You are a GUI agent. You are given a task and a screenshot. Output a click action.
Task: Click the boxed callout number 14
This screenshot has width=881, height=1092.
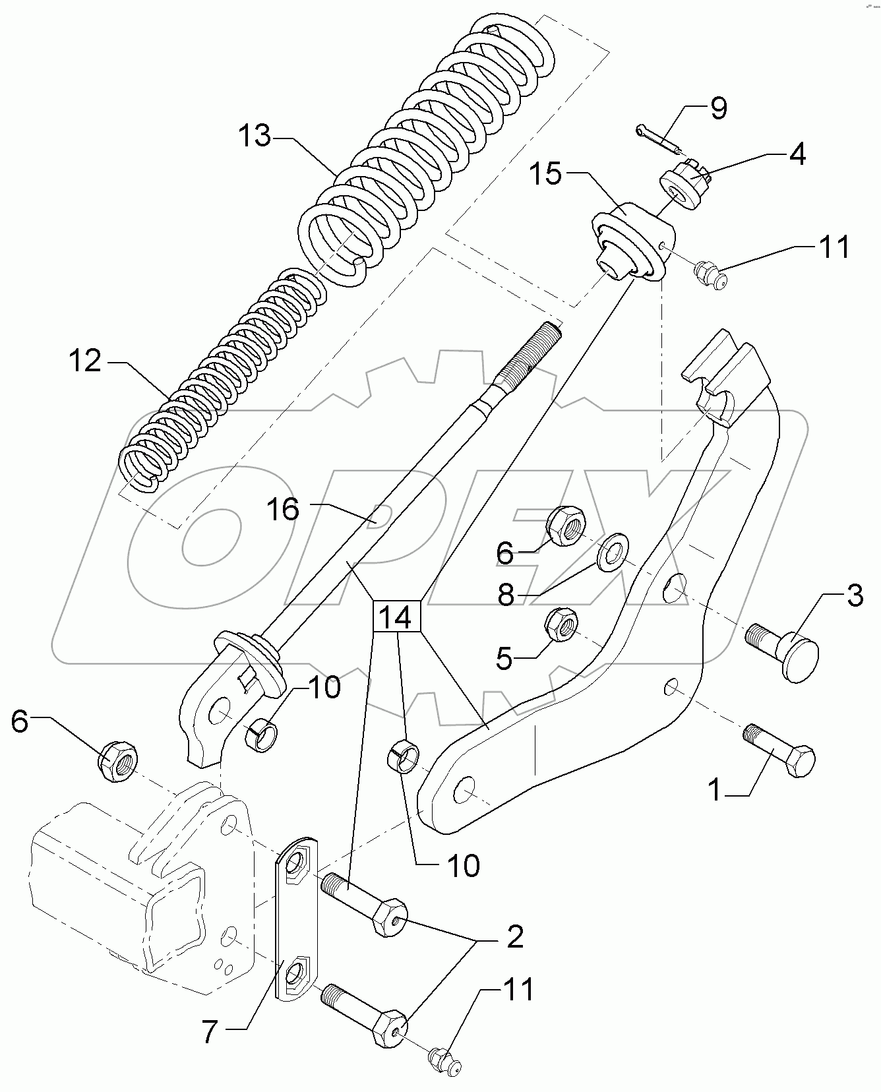point(396,617)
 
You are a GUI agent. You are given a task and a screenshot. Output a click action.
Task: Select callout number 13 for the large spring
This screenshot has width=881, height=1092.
point(254,136)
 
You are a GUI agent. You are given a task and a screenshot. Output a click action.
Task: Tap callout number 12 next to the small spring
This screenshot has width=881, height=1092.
point(85,361)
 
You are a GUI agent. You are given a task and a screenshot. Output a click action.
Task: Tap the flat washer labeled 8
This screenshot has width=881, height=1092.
point(613,551)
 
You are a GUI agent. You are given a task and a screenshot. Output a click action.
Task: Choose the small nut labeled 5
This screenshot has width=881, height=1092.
point(562,626)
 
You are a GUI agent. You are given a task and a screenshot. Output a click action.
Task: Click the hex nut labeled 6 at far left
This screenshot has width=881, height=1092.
point(117,762)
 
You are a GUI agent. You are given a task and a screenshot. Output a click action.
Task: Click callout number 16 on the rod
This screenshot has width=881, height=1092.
point(283,509)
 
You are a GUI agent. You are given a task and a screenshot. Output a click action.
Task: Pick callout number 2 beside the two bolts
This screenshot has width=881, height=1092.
point(514,936)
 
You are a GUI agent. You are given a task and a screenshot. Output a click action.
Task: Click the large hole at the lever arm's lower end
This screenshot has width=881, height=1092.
point(465,788)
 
